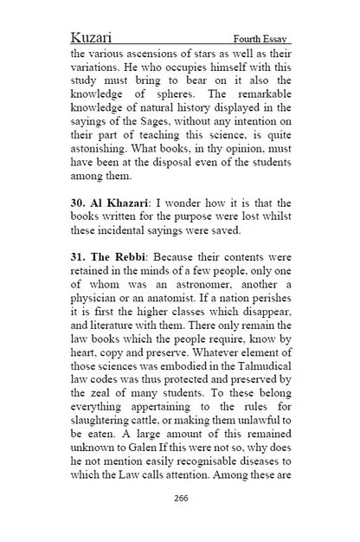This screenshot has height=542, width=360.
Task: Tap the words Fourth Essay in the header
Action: coord(261,40)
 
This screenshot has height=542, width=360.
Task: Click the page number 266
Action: coord(181,498)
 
